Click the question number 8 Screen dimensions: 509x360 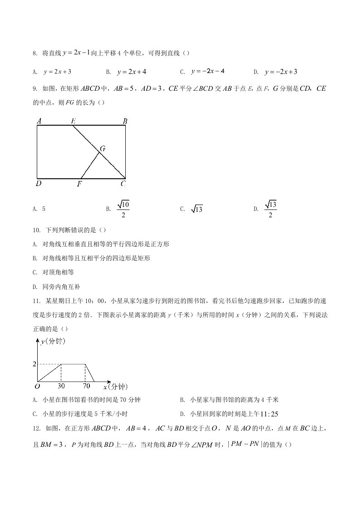pyautogui.click(x=35, y=54)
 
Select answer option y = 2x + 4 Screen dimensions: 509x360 pyautogui.click(x=132, y=72)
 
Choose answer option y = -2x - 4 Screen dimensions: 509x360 pyautogui.click(x=208, y=71)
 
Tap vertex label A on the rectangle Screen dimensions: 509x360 pyautogui.click(x=39, y=121)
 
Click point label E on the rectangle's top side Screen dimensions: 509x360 pyautogui.click(x=73, y=121)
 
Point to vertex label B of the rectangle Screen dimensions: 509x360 pyautogui.click(x=124, y=121)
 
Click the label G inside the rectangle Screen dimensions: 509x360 pyautogui.click(x=103, y=148)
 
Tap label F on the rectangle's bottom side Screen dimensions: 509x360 pyautogui.click(x=79, y=184)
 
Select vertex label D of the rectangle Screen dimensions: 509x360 pyautogui.click(x=39, y=184)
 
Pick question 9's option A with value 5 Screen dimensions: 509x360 pyautogui.click(x=44, y=209)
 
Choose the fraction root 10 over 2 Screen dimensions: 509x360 pyautogui.click(x=123, y=209)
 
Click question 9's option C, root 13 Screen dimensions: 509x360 pyautogui.click(x=197, y=209)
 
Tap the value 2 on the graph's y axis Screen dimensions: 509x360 pyautogui.click(x=34, y=364)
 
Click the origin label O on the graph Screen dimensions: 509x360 pyautogui.click(x=37, y=387)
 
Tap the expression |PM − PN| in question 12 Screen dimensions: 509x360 pyautogui.click(x=244, y=444)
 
